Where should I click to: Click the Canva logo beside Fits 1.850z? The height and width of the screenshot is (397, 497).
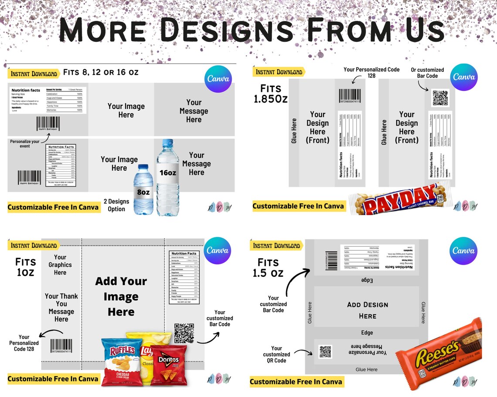click(x=464, y=77)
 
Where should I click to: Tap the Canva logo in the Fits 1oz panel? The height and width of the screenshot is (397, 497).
click(x=217, y=250)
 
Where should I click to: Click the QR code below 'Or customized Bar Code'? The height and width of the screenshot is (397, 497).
click(x=440, y=98)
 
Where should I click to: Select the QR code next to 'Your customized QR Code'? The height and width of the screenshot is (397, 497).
click(x=325, y=351)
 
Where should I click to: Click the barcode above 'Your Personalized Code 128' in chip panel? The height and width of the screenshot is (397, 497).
click(x=61, y=345)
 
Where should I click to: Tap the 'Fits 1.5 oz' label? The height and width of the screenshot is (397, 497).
click(x=268, y=268)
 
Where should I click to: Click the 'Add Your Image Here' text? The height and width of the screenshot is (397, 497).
click(x=121, y=296)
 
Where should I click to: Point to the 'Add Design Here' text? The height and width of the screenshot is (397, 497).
click(x=367, y=310)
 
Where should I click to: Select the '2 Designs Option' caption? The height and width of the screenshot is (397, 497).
click(x=116, y=205)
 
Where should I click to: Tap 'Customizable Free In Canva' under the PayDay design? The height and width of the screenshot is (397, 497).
click(x=298, y=206)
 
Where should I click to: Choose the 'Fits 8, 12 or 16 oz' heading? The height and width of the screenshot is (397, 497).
click(x=101, y=72)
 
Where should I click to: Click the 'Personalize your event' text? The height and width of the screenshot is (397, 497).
click(x=25, y=144)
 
